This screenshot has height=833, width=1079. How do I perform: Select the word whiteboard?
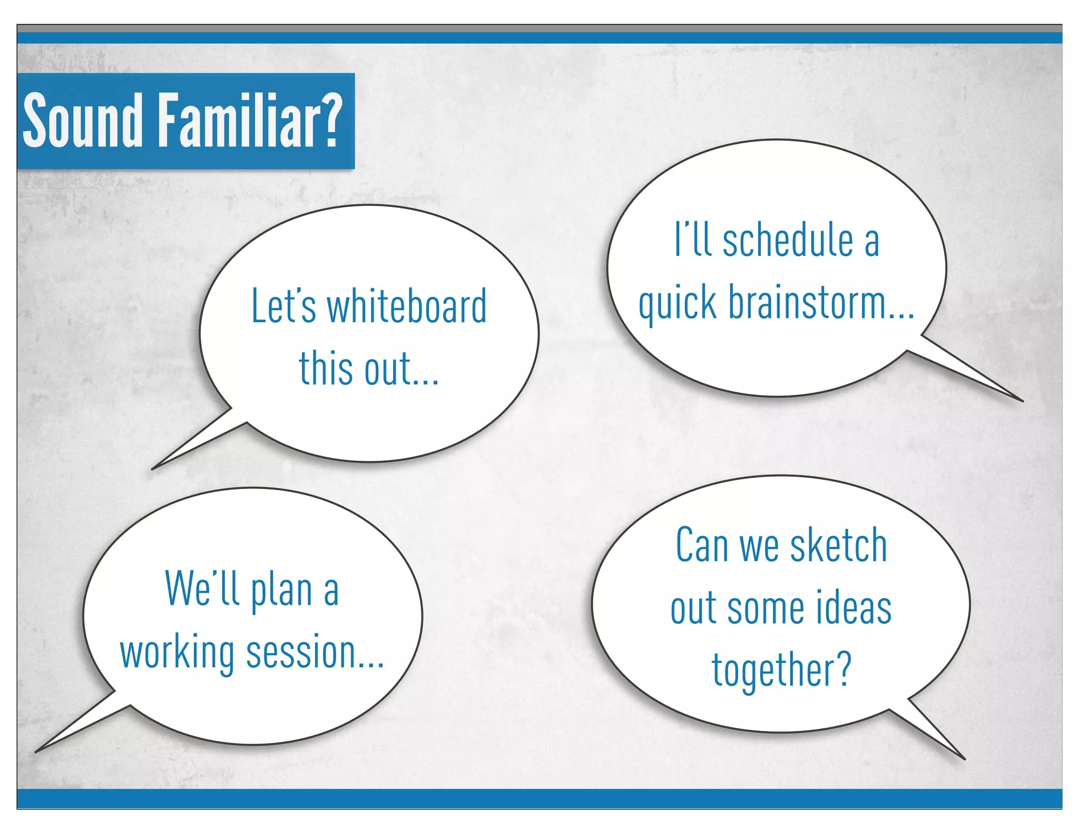click(x=407, y=307)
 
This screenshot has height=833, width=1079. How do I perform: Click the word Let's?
click(x=283, y=307)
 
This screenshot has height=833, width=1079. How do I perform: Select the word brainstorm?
click(x=807, y=303)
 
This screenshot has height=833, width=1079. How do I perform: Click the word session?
click(x=301, y=653)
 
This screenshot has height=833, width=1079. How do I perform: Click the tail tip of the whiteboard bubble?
click(x=153, y=469)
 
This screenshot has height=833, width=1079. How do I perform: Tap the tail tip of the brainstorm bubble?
click(x=1022, y=401)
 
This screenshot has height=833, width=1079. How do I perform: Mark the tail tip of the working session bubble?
click(x=36, y=751)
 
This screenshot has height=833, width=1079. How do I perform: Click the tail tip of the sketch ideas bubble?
click(x=964, y=758)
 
